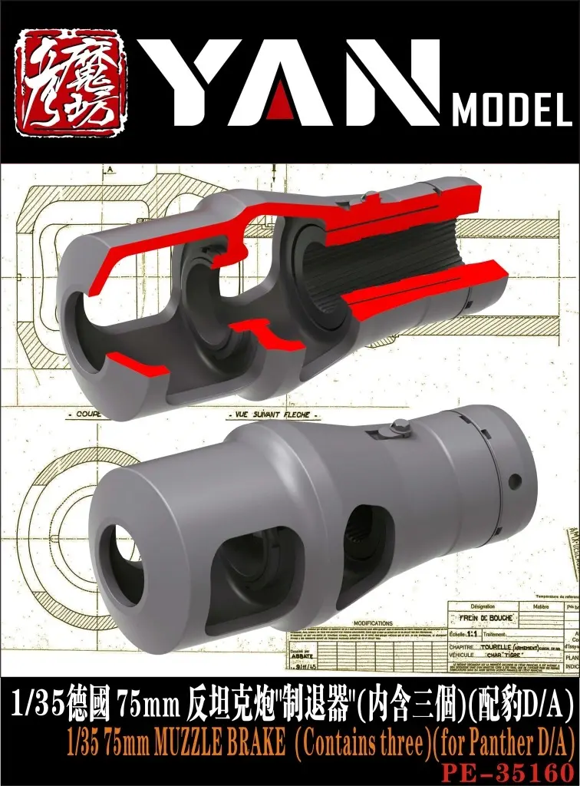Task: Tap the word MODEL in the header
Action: [x=511, y=112]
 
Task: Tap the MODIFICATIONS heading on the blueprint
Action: [x=371, y=623]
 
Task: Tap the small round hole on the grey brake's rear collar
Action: [x=514, y=481]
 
